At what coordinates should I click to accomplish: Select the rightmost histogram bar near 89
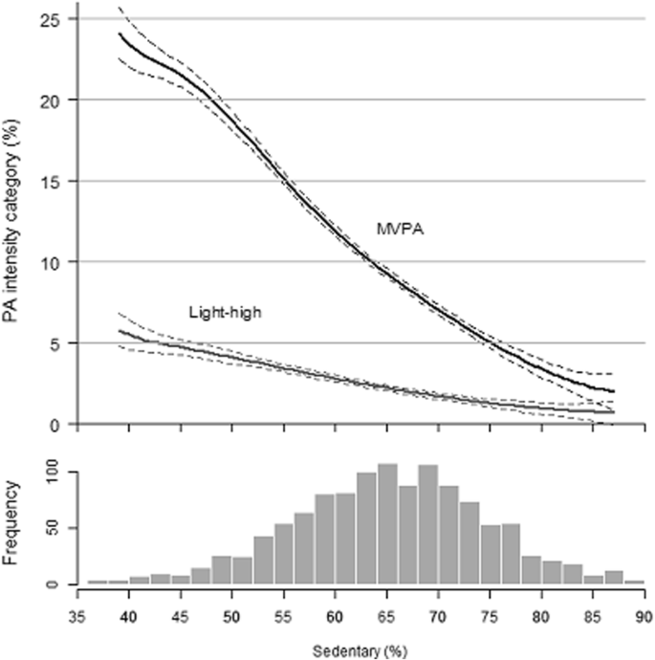[x=634, y=581]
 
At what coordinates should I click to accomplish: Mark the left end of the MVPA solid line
[x=120, y=34]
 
